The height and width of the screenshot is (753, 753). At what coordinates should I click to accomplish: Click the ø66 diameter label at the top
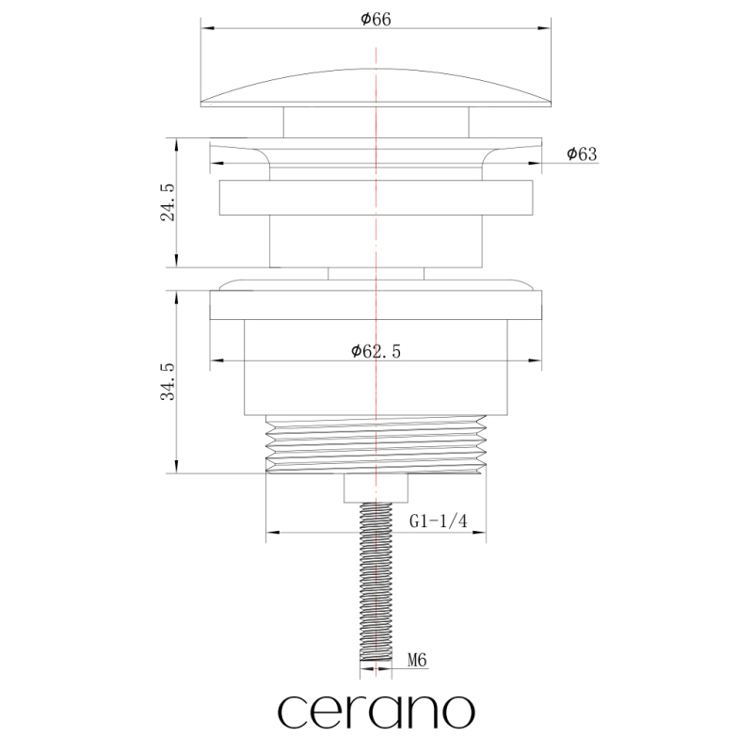click(x=376, y=19)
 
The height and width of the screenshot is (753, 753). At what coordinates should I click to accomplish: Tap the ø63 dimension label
click(x=582, y=153)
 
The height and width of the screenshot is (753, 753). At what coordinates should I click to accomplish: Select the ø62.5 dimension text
click(x=376, y=351)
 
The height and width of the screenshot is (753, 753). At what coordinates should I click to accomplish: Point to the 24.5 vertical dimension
click(x=168, y=202)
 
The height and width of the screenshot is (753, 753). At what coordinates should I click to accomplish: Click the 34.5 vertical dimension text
click(x=168, y=382)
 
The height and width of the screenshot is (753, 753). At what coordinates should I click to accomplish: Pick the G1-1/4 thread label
click(x=438, y=521)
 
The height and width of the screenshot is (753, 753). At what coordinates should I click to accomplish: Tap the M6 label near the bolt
click(x=417, y=661)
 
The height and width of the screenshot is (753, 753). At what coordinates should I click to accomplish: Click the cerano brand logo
click(x=376, y=711)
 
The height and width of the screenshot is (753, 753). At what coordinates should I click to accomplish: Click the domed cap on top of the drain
click(x=376, y=88)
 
